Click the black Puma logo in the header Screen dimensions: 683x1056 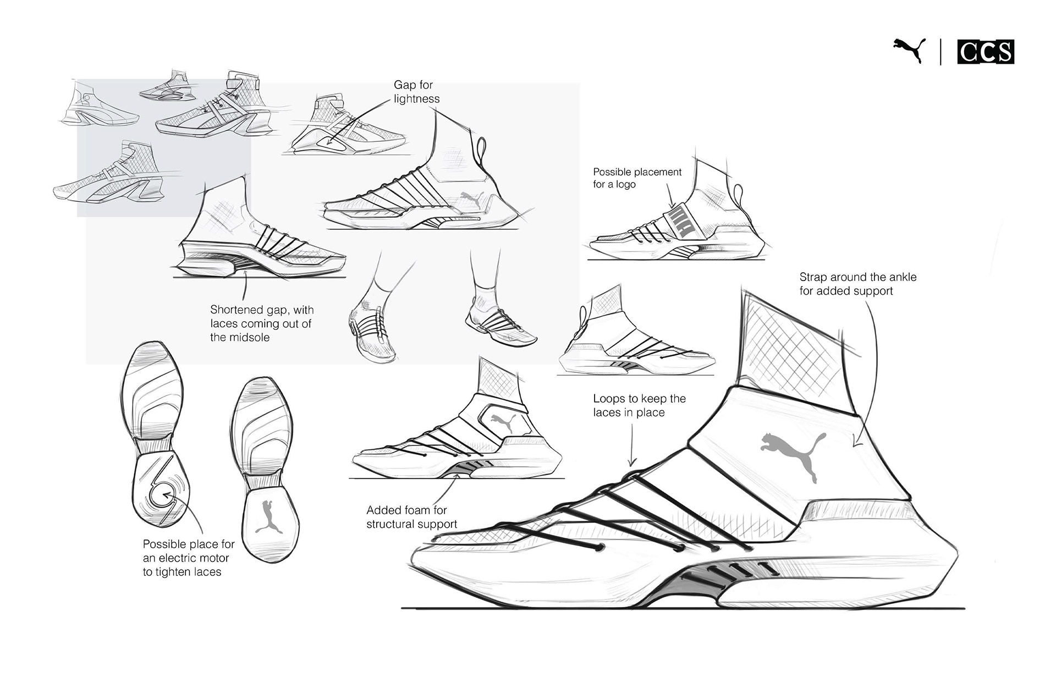(910, 51)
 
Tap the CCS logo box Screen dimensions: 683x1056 (986, 52)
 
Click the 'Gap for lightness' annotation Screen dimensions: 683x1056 (416, 92)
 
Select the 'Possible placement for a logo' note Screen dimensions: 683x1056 (637, 178)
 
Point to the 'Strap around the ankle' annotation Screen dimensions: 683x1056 (857, 284)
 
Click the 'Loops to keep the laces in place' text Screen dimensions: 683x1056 (639, 405)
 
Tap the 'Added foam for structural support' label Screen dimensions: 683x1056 (411, 517)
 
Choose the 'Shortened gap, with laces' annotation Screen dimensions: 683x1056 (261, 323)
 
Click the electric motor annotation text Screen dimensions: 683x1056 (188, 558)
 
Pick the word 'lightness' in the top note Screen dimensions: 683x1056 (416, 99)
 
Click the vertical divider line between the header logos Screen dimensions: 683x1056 (941, 52)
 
